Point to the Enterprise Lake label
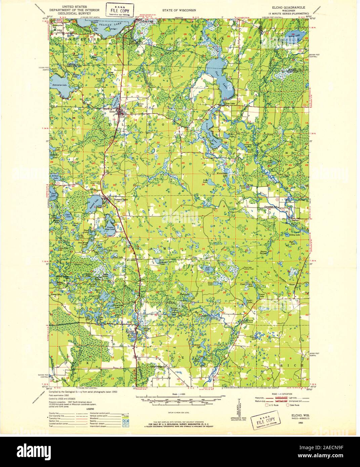60,85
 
